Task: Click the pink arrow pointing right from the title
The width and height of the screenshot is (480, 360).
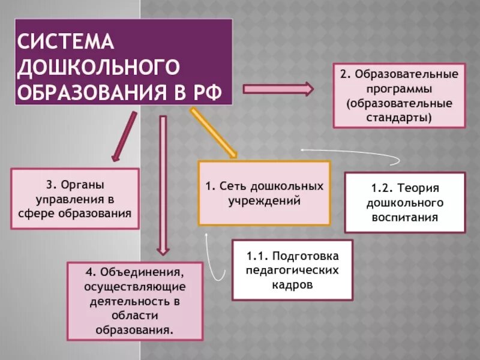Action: (278, 89)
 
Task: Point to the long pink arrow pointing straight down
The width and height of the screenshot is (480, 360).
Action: (162, 183)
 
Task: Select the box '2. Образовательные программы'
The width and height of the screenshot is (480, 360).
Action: (399, 96)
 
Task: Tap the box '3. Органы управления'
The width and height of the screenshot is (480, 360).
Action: (75, 198)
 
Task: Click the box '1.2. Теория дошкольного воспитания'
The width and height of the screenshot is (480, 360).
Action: (404, 202)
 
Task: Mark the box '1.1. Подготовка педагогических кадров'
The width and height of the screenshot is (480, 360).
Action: (292, 270)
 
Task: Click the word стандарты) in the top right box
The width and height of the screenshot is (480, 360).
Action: (399, 118)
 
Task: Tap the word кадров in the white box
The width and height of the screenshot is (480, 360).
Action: (292, 285)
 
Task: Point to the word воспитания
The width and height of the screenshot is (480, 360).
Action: (404, 217)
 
